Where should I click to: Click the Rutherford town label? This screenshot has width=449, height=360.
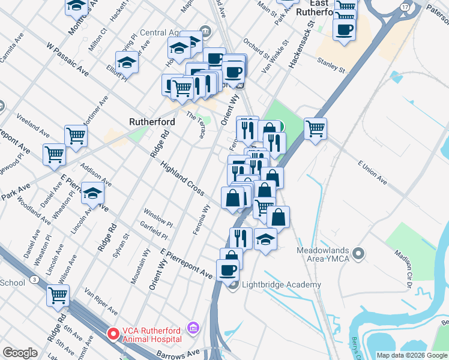click(152, 122)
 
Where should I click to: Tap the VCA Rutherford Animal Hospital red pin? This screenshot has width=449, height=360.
click(113, 333)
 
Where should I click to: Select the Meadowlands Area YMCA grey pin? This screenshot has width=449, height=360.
click(359, 253)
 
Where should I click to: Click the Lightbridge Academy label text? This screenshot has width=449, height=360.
click(281, 285)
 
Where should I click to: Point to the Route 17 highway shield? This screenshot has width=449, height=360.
click(406, 7)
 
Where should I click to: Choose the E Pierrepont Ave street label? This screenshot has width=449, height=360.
click(187, 263)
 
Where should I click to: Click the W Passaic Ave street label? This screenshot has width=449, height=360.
click(67, 59)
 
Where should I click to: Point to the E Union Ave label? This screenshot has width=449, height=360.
click(374, 170)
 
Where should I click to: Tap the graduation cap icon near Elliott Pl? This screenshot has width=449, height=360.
click(127, 62)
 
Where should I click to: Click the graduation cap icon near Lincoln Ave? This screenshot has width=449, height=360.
click(92, 193)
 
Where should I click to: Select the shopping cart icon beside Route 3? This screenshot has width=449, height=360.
click(58, 295)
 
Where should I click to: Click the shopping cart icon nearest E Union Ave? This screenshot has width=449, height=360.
click(316, 127)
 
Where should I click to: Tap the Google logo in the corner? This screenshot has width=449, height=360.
click(20, 353)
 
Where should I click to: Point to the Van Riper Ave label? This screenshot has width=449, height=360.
click(100, 301)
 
